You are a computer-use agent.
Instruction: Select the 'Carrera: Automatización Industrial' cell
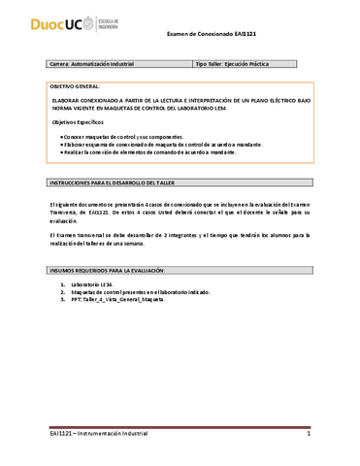[x=92, y=64]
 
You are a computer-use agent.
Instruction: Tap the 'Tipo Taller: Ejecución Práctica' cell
[x=232, y=64]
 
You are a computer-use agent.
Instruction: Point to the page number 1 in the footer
[x=308, y=434]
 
